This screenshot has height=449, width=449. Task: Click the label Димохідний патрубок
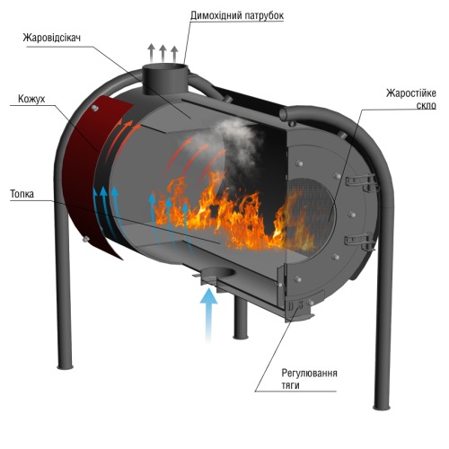coord(237,15)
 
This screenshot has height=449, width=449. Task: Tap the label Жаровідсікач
coord(52,38)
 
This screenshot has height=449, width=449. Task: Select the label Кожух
coord(31,99)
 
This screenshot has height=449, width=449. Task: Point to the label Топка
coord(22,194)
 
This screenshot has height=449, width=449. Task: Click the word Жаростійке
coord(411,93)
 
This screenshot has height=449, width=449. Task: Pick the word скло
coord(427,106)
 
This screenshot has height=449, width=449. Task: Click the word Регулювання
coord(309,374)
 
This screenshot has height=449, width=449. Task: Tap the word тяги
coord(290,385)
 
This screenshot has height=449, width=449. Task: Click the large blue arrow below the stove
coord(208,313)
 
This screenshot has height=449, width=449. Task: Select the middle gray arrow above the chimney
coord(163,53)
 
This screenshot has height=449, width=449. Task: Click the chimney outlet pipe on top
coord(165,78)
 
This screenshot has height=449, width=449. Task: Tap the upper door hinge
coord(362,181)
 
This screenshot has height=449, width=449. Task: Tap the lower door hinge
coord(360,242)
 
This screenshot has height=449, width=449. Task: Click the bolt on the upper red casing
coord(95,108)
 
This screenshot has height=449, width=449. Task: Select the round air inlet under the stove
coord(218,273)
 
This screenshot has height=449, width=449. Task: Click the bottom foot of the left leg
coord(65,365)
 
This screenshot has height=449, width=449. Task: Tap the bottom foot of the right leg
coord(382,407)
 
